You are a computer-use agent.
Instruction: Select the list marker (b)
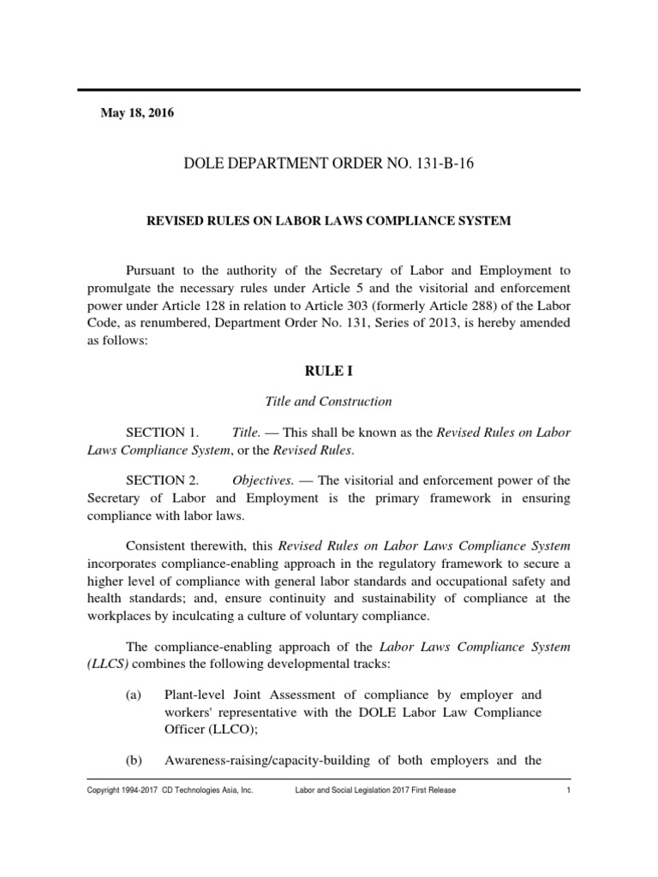[134, 761]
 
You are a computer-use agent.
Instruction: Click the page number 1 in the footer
[568, 790]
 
